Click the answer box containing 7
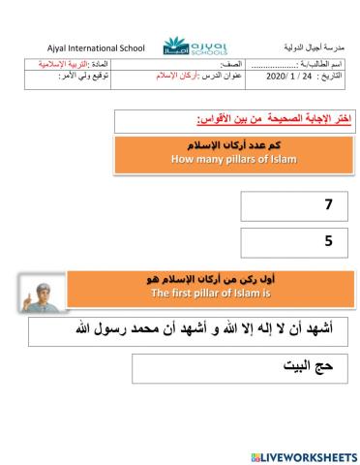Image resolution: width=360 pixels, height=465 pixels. [290, 206]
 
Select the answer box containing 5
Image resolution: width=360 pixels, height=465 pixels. [290, 242]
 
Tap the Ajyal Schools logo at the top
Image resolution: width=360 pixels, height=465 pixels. [183, 46]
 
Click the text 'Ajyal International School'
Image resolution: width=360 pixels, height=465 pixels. [88, 48]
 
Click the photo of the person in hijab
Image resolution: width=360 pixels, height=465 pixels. [42, 293]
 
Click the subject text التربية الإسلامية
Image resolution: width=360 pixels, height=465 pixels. [77, 71]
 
